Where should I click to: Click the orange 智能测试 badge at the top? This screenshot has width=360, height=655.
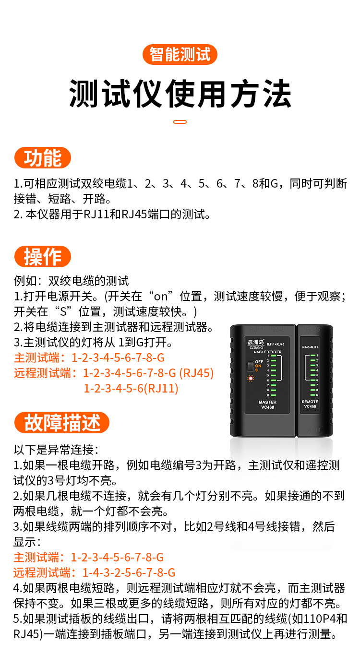pyautogui.click(x=180, y=54)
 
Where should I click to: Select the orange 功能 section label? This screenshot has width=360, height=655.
pyautogui.click(x=43, y=158)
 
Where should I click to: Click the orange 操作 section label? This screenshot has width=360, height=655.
pyautogui.click(x=43, y=257)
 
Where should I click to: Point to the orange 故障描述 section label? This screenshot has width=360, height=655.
pyautogui.click(x=62, y=423)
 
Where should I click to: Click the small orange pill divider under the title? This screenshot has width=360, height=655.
pyautogui.click(x=180, y=122)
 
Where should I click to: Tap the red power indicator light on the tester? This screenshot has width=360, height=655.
pyautogui.click(x=250, y=379)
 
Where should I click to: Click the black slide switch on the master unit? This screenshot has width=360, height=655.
pyautogui.click(x=250, y=366)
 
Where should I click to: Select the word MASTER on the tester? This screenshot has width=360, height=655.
pyautogui.click(x=267, y=402)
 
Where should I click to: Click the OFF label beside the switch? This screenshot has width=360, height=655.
pyautogui.click(x=259, y=361)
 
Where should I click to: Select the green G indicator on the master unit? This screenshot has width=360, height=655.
pyautogui.click(x=274, y=396)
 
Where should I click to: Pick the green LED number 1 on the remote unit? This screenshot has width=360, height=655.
pyautogui.click(x=312, y=356)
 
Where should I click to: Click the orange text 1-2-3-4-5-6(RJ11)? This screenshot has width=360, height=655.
pyautogui.click(x=131, y=388)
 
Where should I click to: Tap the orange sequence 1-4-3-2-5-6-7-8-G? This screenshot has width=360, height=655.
pyautogui.click(x=129, y=572)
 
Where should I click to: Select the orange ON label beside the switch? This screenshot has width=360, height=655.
pyautogui.click(x=258, y=366)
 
